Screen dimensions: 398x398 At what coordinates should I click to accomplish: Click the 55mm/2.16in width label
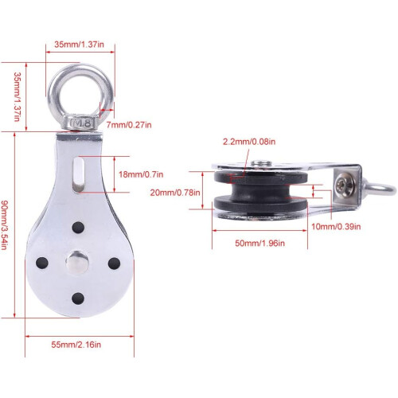click(x=76, y=345)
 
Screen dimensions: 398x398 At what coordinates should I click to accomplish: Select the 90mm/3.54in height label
click(x=5, y=225)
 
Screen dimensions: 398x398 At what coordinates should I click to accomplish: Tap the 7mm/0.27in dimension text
click(x=129, y=124)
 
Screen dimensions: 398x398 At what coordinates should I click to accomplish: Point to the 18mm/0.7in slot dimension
click(x=141, y=174)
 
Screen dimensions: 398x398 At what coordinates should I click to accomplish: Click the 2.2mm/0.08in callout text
click(x=249, y=142)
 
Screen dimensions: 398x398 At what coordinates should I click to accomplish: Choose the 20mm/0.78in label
click(x=175, y=193)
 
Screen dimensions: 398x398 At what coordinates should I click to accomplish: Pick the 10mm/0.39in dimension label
click(x=336, y=227)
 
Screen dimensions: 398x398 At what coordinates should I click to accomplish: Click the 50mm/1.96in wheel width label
click(x=260, y=243)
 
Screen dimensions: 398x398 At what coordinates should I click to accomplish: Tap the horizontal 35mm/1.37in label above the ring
click(x=79, y=44)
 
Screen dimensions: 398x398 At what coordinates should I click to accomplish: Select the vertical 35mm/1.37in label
click(x=17, y=96)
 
